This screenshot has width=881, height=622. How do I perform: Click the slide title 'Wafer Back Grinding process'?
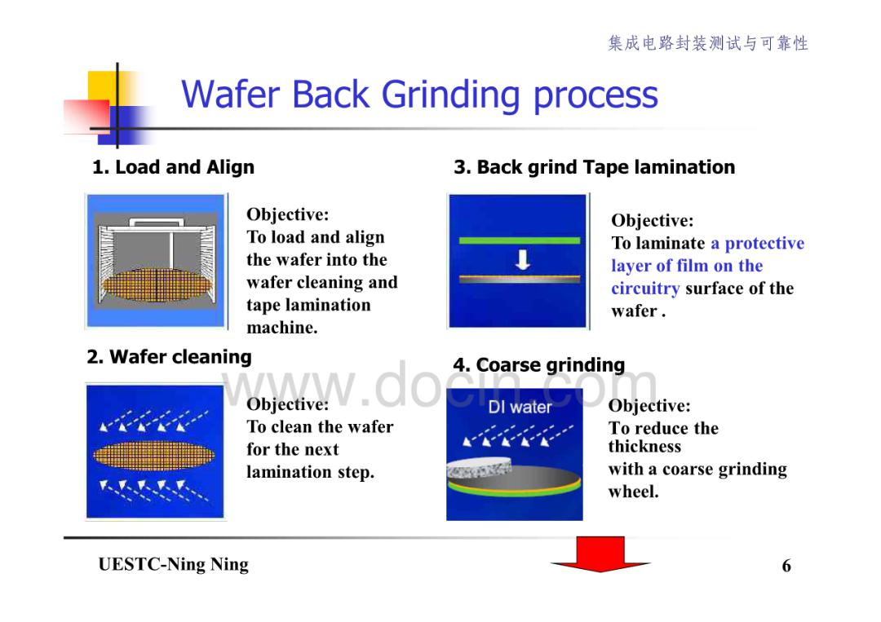click(x=419, y=95)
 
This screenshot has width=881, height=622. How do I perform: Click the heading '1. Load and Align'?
click(x=173, y=167)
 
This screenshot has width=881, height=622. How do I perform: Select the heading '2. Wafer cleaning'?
click(x=169, y=357)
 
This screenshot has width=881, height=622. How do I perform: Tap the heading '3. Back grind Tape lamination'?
click(x=595, y=167)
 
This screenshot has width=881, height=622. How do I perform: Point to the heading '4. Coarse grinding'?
click(x=539, y=365)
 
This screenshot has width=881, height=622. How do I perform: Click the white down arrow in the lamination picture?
click(x=523, y=259)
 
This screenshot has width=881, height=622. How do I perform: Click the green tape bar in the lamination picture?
click(x=519, y=240)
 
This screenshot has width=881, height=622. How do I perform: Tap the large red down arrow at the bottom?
click(x=600, y=554)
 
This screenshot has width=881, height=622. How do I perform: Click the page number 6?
click(x=786, y=565)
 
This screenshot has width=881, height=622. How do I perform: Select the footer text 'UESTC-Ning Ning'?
click(x=173, y=564)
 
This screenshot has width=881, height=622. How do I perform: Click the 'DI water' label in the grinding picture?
click(x=520, y=407)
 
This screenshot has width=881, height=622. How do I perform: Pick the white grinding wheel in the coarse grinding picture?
click(x=479, y=467)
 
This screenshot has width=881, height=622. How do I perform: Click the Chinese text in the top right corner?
click(x=708, y=43)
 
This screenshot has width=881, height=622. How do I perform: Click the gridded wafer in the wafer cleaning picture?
click(x=153, y=455)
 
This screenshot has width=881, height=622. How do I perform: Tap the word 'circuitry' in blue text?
click(x=645, y=289)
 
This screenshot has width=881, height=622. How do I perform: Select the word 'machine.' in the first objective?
click(x=282, y=327)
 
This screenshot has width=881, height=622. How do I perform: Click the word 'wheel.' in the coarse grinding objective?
click(x=633, y=492)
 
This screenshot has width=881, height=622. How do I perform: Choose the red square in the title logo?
click(x=86, y=117)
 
